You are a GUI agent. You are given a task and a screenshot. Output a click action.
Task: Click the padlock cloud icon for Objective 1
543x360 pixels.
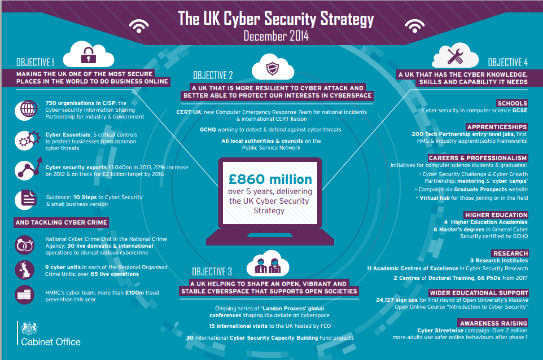(87, 55)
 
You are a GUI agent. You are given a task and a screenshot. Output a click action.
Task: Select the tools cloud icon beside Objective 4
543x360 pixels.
(456, 57)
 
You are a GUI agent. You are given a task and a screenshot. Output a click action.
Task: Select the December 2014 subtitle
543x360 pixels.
(276, 36)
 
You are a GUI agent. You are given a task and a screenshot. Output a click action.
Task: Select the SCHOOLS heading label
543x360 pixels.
(512, 103)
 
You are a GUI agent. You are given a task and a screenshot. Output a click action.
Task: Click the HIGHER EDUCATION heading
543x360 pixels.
(496, 215)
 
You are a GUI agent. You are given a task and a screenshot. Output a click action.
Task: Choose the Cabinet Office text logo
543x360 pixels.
(51, 342)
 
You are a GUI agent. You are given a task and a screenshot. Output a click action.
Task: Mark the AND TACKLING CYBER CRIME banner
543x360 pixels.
(62, 223)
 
